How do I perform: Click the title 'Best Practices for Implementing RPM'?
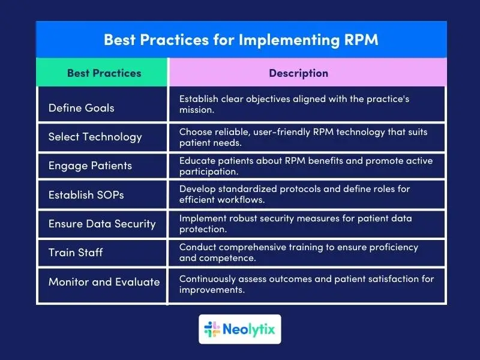click(x=241, y=40)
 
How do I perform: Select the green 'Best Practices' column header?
click(x=104, y=73)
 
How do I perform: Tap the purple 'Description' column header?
click(x=298, y=73)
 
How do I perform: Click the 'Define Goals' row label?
click(x=81, y=108)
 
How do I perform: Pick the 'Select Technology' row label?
click(x=95, y=137)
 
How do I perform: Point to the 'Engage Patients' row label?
click(x=90, y=166)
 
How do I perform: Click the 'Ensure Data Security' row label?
click(x=102, y=224)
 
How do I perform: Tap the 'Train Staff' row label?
click(x=76, y=253)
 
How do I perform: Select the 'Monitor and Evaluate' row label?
click(x=104, y=281)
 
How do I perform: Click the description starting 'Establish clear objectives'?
click(x=294, y=104)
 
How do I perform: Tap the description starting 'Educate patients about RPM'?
click(x=306, y=166)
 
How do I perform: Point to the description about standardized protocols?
click(x=294, y=194)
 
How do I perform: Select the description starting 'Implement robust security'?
click(x=295, y=224)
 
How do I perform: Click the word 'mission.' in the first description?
click(x=197, y=110)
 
